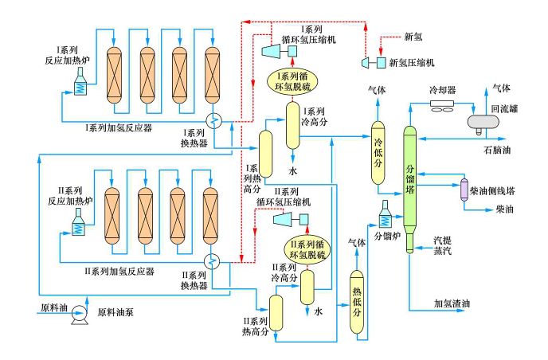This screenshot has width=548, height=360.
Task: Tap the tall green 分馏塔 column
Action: [x=409, y=183]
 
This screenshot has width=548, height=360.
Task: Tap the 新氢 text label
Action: [x=413, y=37]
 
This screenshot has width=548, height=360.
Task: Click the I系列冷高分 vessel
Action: [x=292, y=126]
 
